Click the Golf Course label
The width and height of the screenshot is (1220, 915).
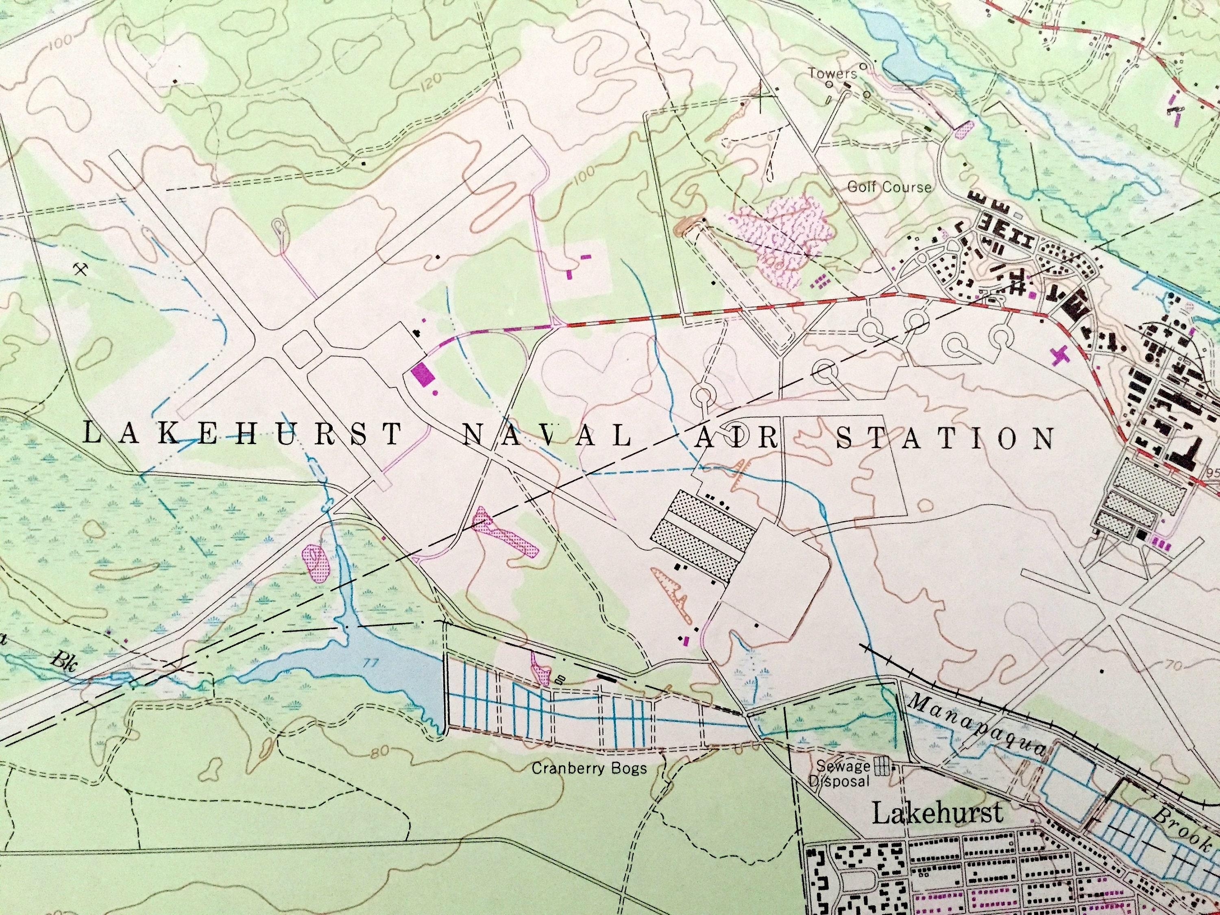pyautogui.click(x=889, y=187)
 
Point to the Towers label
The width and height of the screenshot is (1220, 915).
pyautogui.click(x=833, y=73)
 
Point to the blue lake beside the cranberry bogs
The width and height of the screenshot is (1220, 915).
pyautogui.click(x=381, y=673)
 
